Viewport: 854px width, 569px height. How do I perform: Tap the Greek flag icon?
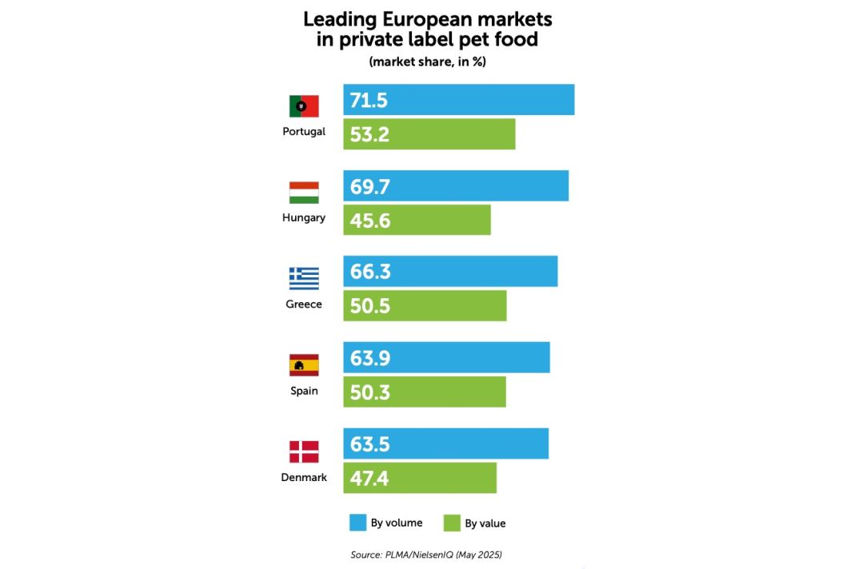[304, 278]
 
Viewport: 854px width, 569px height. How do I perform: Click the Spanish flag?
[304, 365]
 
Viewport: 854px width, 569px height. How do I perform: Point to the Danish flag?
[304, 452]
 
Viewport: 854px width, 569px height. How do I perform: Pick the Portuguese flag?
[304, 106]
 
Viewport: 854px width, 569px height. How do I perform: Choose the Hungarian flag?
[304, 193]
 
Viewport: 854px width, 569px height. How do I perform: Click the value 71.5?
[369, 100]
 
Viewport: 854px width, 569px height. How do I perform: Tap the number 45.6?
[370, 221]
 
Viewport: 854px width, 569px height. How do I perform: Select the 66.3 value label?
[370, 272]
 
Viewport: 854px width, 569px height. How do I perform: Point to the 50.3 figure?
[370, 392]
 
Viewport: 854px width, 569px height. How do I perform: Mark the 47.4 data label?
[369, 479]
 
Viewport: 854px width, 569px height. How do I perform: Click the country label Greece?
[304, 304]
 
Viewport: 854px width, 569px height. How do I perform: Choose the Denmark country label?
[304, 477]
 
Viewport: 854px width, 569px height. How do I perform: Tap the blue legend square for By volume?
[357, 523]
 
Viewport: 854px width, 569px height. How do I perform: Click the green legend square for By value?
[452, 523]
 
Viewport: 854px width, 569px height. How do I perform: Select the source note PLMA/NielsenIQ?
[426, 554]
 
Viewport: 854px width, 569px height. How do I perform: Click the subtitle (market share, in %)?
[427, 62]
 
